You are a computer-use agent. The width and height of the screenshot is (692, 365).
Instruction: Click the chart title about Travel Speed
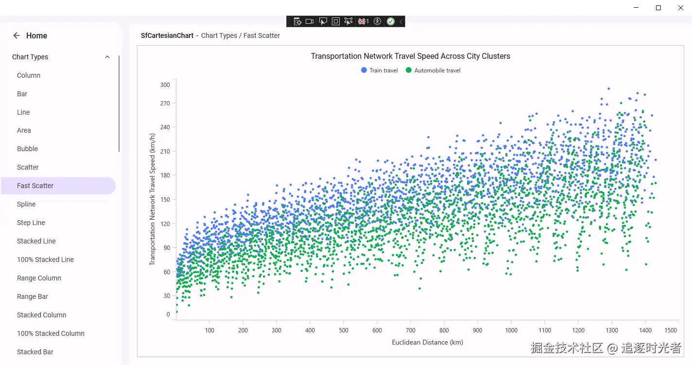tap(410, 56)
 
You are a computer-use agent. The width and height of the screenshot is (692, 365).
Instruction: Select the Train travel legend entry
tap(380, 70)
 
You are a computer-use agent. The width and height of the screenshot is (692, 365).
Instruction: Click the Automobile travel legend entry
tap(433, 70)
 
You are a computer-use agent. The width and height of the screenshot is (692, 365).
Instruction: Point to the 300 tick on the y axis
tap(165, 85)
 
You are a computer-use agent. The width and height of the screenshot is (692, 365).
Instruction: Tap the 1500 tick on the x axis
tap(671, 330)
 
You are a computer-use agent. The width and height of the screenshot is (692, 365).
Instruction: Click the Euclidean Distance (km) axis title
tap(427, 342)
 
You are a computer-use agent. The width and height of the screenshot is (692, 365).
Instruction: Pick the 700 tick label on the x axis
tap(411, 330)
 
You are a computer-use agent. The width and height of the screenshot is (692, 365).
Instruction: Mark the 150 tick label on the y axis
tap(165, 199)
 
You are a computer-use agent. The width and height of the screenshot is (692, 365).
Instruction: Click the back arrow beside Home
tap(17, 35)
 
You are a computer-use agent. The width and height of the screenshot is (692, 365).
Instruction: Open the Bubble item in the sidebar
tap(27, 149)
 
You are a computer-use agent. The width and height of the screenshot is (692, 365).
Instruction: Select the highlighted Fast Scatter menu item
tap(35, 186)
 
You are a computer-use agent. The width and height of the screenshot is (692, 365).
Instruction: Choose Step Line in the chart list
tap(31, 223)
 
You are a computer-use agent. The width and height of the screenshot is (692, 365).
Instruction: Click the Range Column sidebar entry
tap(39, 278)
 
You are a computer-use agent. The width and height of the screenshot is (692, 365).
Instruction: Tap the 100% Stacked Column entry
tap(51, 333)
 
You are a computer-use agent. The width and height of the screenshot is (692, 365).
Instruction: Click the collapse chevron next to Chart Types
tap(107, 57)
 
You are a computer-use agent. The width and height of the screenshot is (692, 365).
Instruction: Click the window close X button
tap(681, 8)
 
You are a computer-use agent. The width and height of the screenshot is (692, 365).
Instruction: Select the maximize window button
tap(658, 8)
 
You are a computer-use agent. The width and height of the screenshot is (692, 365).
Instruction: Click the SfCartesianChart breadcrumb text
tap(167, 35)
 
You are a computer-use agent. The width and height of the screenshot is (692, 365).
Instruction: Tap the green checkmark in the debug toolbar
tap(391, 21)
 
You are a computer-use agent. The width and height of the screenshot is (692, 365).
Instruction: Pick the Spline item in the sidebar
tap(26, 204)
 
